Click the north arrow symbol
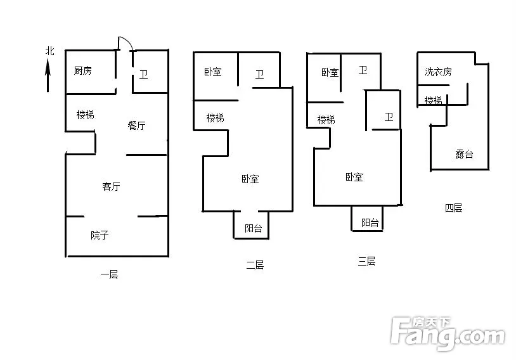48,75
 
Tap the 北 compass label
49,51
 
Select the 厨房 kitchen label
82,70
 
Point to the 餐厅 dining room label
136,125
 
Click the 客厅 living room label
111,186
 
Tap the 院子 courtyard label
100,235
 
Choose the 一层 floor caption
109,274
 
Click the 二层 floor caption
255,265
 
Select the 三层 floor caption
366,261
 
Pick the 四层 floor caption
453,208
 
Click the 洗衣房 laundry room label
438,72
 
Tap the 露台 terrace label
464,154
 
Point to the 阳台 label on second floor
254,228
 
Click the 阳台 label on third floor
370,222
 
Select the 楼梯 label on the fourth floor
434,100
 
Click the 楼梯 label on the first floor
85,115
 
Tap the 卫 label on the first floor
143,74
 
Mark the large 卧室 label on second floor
250,179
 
